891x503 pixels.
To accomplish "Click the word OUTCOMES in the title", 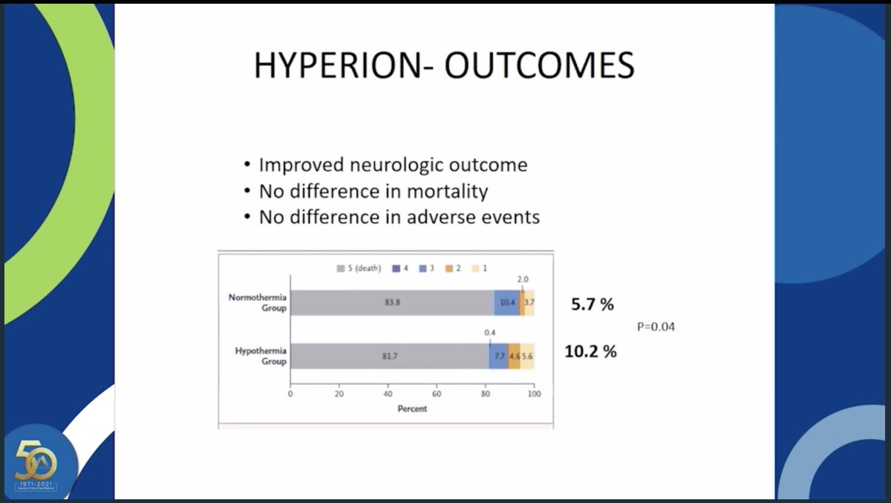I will (x=540, y=65).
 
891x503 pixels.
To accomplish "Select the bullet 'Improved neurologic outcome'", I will (x=393, y=165).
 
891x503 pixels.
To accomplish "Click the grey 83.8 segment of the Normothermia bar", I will (x=392, y=303).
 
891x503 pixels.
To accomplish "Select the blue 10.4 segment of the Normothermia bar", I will (x=507, y=303).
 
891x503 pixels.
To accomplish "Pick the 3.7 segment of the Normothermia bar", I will (x=529, y=303).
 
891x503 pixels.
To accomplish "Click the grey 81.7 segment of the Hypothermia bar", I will (x=389, y=357).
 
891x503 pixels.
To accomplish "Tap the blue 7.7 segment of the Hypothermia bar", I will (x=499, y=357).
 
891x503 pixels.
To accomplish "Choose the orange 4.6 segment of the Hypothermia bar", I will (x=514, y=357).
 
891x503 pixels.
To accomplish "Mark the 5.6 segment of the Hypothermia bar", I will (x=527, y=357).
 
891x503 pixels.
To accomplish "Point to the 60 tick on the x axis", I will (x=437, y=395).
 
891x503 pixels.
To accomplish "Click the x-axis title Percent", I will (x=412, y=409).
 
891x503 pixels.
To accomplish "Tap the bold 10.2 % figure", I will (x=590, y=351).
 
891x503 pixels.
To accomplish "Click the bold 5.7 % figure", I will (x=592, y=304).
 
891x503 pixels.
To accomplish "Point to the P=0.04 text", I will (x=656, y=327).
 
